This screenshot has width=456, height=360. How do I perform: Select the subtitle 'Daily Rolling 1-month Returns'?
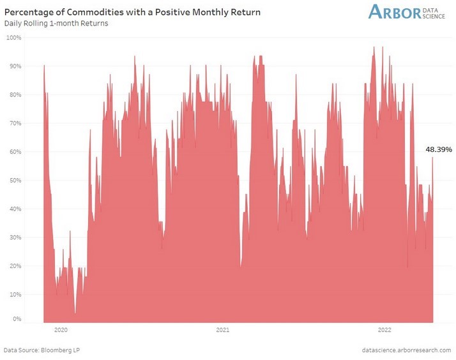coord(56,24)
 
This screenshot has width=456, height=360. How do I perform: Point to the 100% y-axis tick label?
coord(14,38)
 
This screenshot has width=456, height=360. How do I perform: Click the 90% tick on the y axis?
coord(15,66)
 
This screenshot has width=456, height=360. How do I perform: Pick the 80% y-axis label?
coord(15,95)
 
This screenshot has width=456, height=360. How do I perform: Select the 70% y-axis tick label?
coord(15,123)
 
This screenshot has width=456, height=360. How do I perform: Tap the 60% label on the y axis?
coord(15,152)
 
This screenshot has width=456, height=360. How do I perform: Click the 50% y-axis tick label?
coord(15,181)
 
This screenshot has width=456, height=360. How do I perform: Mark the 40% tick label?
coord(15,209)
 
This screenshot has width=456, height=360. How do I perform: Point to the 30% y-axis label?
coord(15,237)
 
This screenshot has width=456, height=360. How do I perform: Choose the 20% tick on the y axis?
coord(15,266)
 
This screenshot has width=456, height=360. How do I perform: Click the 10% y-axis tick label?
coord(15,294)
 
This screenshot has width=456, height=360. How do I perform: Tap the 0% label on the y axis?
coord(17,319)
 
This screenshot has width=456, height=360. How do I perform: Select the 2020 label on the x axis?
coord(61,330)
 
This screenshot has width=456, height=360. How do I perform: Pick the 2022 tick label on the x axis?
coord(384,330)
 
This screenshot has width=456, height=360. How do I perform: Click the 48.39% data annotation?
coord(439,149)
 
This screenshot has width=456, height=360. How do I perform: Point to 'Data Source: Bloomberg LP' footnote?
coord(42,350)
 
